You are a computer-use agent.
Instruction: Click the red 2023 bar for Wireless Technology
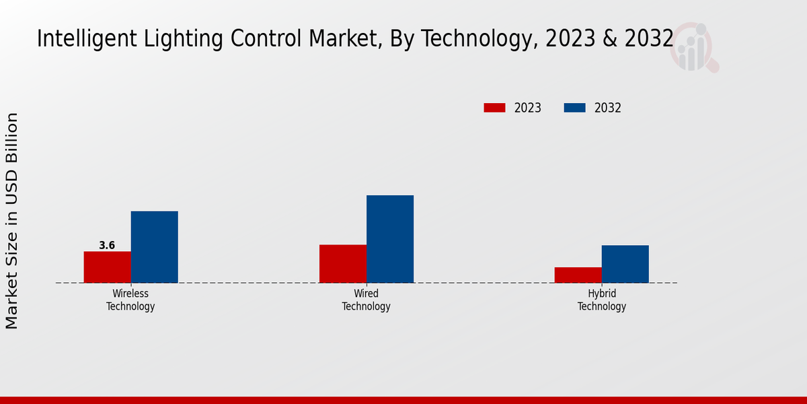(x=107, y=267)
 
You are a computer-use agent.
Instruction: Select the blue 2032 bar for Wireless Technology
(x=154, y=246)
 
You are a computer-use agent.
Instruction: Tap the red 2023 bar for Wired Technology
(x=343, y=263)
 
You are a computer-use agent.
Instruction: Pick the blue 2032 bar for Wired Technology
(x=390, y=238)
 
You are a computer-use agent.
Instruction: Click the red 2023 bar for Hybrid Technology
(x=578, y=275)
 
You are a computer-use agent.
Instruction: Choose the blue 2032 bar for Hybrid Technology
(x=625, y=263)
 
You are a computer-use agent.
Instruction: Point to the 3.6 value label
(x=107, y=246)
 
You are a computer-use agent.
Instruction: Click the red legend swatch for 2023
(x=494, y=108)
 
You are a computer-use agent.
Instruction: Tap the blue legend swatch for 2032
(x=574, y=108)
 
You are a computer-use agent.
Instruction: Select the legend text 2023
(x=528, y=108)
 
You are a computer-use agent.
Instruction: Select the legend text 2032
(x=608, y=108)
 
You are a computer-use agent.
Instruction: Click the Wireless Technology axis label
(x=130, y=300)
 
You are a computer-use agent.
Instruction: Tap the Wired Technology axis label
(x=366, y=300)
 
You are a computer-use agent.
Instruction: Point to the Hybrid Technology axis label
(x=602, y=300)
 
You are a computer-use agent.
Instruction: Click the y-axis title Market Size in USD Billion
(x=12, y=221)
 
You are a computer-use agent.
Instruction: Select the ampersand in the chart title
(x=610, y=39)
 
